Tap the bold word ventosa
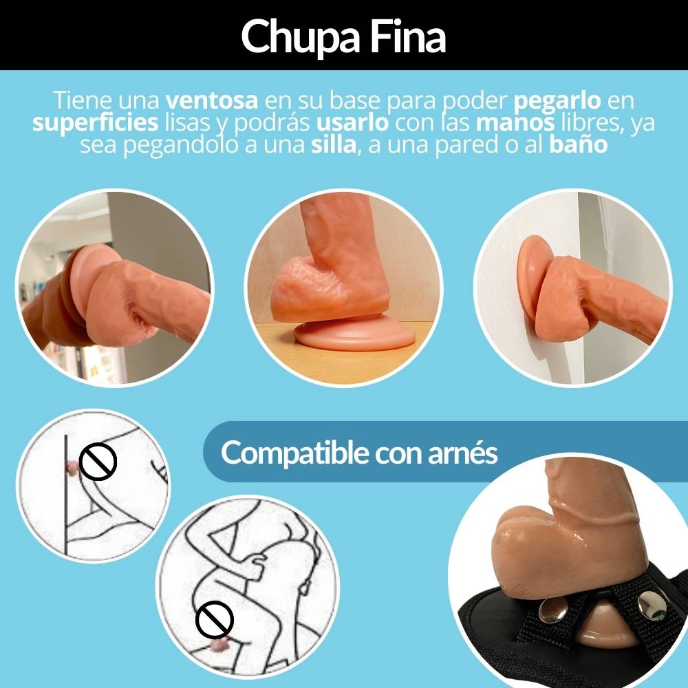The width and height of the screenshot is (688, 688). coord(211,100)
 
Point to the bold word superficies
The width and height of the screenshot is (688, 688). coord(95,123)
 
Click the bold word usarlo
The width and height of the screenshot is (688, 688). coord(352,122)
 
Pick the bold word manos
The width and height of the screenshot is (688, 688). coord(515,123)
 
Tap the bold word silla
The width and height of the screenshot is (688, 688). coord(334,144)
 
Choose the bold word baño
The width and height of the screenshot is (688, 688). coord(579,144)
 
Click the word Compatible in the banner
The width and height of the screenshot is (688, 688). coord(294,453)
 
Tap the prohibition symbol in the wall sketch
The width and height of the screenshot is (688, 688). coord(98,461)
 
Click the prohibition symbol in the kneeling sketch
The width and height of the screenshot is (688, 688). coord(214,619)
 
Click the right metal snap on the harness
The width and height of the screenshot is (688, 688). coord(651,605)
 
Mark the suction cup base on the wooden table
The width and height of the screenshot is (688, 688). coord(354,335)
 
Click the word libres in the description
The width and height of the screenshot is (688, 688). coord(592,123)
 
